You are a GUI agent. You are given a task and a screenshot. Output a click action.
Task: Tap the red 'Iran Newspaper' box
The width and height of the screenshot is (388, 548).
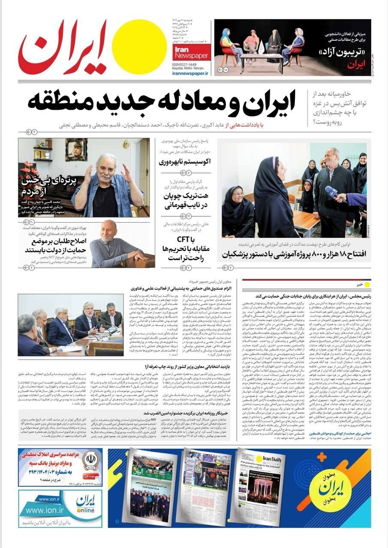[x=191, y=53]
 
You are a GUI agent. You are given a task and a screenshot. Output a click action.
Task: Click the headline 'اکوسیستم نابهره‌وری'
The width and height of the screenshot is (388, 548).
[x=181, y=162]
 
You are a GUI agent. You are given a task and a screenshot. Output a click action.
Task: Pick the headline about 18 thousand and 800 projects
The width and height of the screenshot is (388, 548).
[x=294, y=254]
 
